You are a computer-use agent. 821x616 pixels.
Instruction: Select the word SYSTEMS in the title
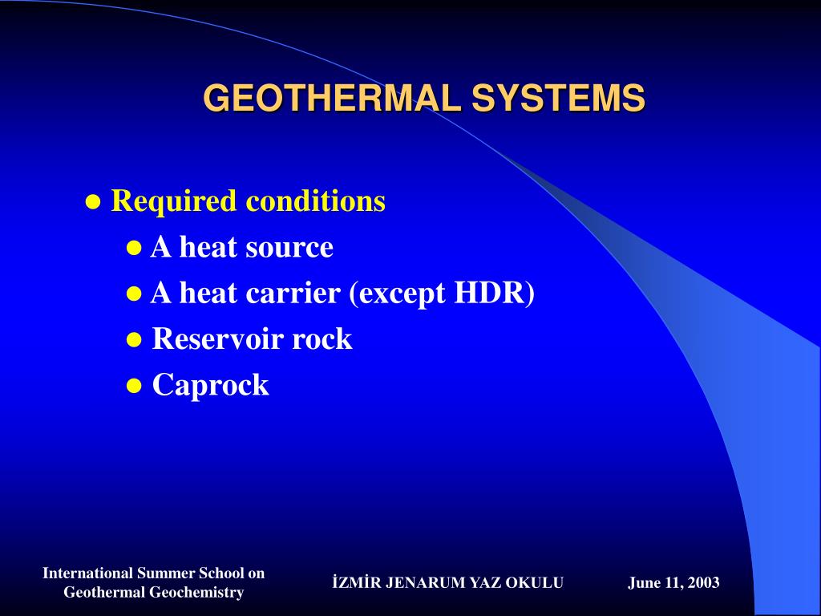click(557, 99)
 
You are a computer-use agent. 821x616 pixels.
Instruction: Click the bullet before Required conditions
click(93, 201)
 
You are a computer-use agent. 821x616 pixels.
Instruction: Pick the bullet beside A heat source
click(134, 248)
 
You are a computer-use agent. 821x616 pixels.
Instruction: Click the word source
click(289, 247)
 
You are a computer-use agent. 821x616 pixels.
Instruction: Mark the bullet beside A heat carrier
click(134, 294)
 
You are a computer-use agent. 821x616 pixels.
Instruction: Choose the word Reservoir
click(217, 338)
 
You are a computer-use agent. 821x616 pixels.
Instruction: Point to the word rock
click(322, 338)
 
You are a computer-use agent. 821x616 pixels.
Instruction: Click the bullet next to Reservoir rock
click(134, 340)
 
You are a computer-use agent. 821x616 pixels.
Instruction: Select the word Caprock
click(210, 385)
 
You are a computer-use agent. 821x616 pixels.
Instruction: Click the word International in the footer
click(87, 573)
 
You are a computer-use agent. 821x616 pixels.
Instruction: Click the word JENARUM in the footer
click(415, 583)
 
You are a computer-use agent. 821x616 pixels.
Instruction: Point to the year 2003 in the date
click(703, 583)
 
